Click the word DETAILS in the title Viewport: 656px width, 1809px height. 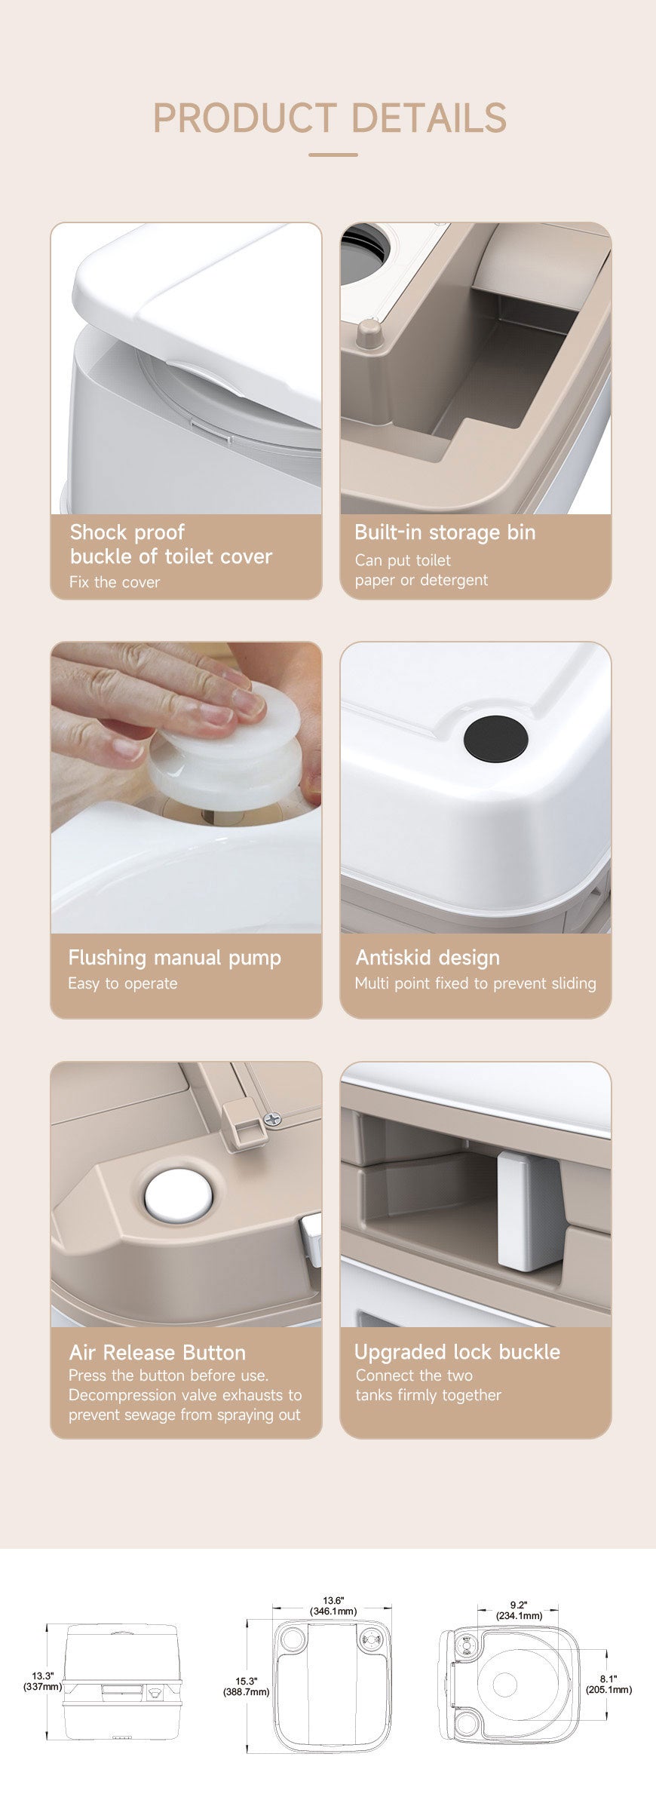pyautogui.click(x=429, y=118)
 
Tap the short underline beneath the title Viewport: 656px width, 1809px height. pyautogui.click(x=333, y=155)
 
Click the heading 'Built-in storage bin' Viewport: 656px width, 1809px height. pyautogui.click(x=445, y=532)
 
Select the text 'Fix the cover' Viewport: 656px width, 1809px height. pyautogui.click(x=115, y=582)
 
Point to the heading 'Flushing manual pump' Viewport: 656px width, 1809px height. pyautogui.click(x=174, y=958)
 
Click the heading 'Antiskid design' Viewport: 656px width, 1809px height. pyautogui.click(x=428, y=958)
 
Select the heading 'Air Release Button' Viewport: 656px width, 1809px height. pyautogui.click(x=157, y=1352)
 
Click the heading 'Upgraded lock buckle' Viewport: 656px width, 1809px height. pyautogui.click(x=457, y=1351)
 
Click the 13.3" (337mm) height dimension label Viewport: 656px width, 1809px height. pyautogui.click(x=41, y=1681)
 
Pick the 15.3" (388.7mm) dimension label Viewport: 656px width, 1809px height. pyautogui.click(x=246, y=1686)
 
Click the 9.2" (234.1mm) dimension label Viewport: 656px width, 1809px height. pyautogui.click(x=519, y=1610)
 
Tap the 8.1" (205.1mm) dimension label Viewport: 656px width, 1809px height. pyautogui.click(x=608, y=1684)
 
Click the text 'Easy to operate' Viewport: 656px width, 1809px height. pyautogui.click(x=123, y=983)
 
